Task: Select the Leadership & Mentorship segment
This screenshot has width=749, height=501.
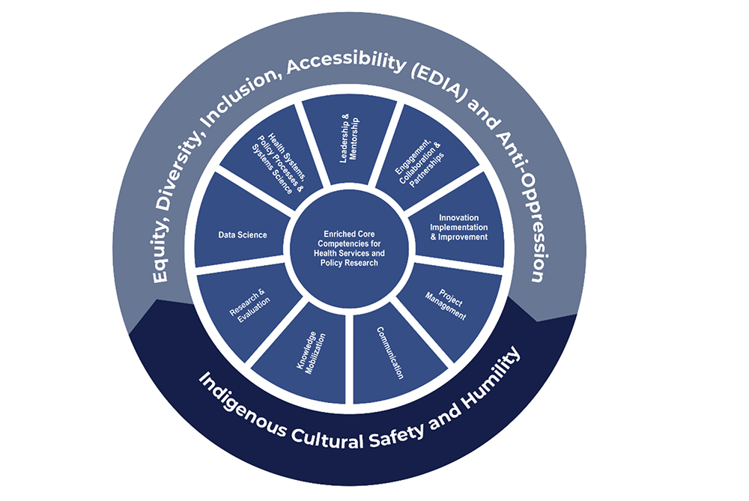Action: pyautogui.click(x=348, y=139)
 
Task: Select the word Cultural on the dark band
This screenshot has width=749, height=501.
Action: pyautogui.click(x=348, y=438)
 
